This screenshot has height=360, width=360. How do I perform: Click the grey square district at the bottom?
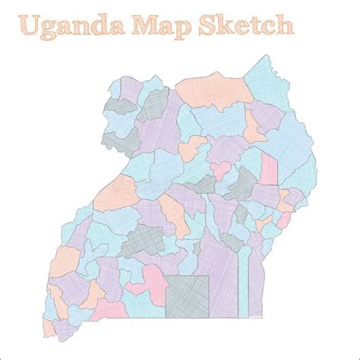(x=187, y=295)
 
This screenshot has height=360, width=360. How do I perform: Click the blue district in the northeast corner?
(x=266, y=80)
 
